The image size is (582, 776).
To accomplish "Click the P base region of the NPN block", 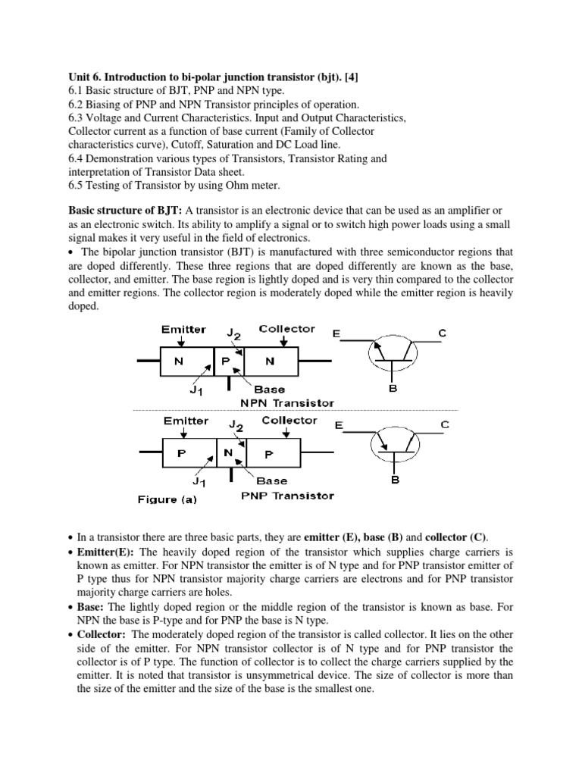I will tap(225, 361).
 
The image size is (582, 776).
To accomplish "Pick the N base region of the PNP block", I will tap(227, 453).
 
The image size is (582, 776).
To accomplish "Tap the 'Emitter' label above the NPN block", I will tap(183, 329).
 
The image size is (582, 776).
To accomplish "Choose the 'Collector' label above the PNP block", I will tap(289, 420).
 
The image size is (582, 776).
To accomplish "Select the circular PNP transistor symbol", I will tap(393, 443).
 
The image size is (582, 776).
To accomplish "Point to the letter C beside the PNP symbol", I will tap(445, 425).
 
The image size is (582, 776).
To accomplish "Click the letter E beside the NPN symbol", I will tap(336, 333).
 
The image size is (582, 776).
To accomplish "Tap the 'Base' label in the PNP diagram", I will tap(271, 480).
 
